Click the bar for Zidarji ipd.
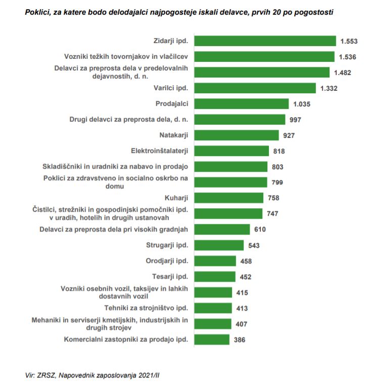click(x=265, y=41)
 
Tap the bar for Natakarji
click(x=237, y=135)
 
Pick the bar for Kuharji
click(x=229, y=198)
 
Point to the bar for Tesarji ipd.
click(x=215, y=277)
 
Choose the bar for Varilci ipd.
click(x=255, y=88)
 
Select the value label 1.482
click(x=342, y=72)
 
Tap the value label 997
click(x=295, y=120)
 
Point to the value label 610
click(x=260, y=229)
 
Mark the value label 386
click(x=239, y=339)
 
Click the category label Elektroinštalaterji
click(x=159, y=151)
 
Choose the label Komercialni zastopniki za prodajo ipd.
click(x=126, y=339)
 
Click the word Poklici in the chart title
click(x=37, y=11)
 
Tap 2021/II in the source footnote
click(x=150, y=375)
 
